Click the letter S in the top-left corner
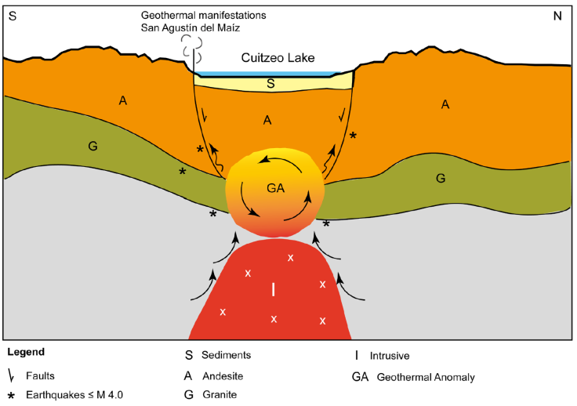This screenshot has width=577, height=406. tap(12, 16)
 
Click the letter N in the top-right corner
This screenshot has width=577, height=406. tap(557, 16)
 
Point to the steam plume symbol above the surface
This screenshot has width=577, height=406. tap(188, 45)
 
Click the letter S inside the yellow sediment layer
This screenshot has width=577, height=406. tap(270, 84)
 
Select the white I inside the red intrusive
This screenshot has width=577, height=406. tap(273, 289)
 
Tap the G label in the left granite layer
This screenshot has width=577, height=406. tap(93, 147)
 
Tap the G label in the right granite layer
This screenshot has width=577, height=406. tap(441, 179)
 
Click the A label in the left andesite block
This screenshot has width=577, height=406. tap(122, 100)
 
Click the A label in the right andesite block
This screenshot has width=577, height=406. tap(445, 104)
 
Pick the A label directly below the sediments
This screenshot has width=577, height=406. tap(267, 119)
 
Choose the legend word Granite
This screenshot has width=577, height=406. tap(220, 395)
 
